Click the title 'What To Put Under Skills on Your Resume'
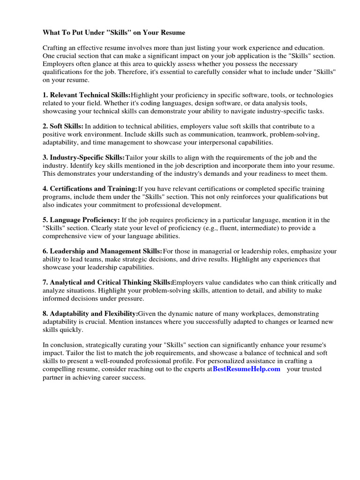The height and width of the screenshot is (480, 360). tap(114, 32)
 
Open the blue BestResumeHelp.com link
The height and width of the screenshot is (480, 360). tap(247, 369)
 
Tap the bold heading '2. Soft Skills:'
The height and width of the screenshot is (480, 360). tap(63, 126)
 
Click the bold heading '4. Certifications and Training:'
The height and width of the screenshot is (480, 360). tap(90, 188)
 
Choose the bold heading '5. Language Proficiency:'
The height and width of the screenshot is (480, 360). tap(81, 219)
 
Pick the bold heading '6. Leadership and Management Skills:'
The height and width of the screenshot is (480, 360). tap(102, 251)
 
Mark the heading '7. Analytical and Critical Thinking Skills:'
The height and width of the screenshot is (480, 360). tap(107, 282)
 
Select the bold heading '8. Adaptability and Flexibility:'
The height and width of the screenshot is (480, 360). tap(90, 313)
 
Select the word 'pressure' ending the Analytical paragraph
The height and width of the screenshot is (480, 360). tap(131, 299)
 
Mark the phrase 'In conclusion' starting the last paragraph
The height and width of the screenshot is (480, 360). tap(62, 345)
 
